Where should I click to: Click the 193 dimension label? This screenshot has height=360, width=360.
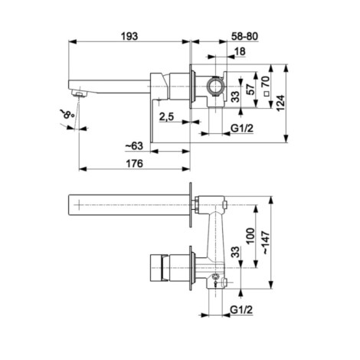[129, 37]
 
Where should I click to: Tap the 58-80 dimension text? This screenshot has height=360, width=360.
[244, 37]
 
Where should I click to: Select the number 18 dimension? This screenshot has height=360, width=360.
[240, 51]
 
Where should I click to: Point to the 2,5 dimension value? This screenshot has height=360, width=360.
[166, 116]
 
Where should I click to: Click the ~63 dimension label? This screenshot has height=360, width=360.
[134, 146]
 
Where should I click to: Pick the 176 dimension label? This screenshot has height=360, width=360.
[135, 163]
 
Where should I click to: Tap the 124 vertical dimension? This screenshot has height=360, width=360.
[280, 103]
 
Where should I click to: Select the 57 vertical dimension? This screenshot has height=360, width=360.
[251, 89]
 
